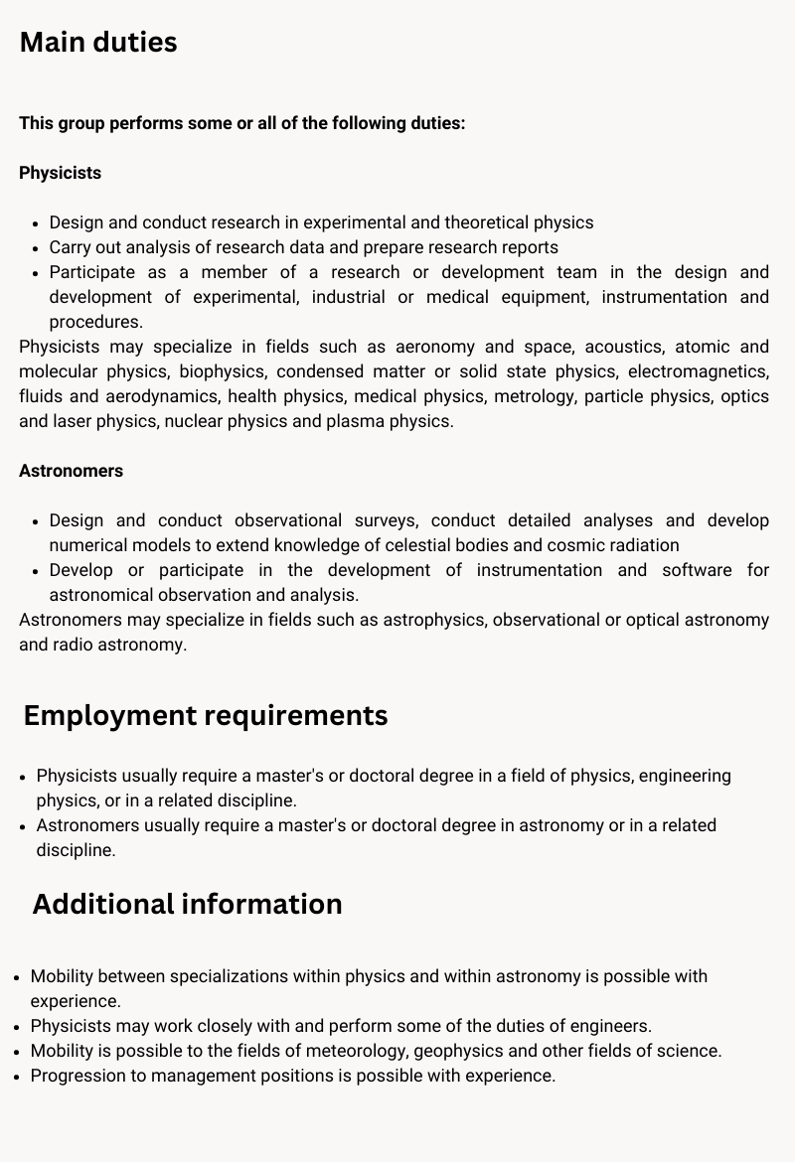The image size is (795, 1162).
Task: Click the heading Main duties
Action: [x=98, y=43]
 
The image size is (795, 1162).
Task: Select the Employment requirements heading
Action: [x=206, y=715]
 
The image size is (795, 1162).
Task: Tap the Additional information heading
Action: [x=187, y=904]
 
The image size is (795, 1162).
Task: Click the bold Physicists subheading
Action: [x=60, y=173]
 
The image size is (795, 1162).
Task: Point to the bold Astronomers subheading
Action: [x=71, y=471]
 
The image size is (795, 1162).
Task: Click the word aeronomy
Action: [x=434, y=347]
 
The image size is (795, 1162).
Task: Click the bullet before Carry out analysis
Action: [x=36, y=247]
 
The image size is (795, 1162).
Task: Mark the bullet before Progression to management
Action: [x=18, y=1076]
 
